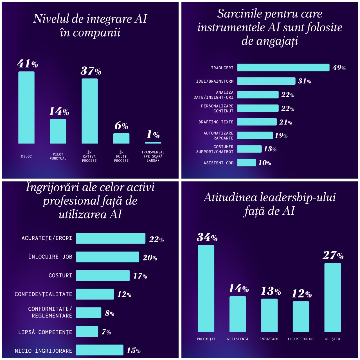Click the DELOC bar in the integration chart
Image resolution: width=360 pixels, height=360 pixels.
pyautogui.click(x=26, y=107)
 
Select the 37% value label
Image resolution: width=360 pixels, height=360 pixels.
pyautogui.click(x=91, y=71)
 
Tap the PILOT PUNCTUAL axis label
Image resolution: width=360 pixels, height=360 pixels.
pyautogui.click(x=58, y=156)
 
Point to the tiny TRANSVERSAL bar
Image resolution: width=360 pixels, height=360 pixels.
pyautogui.click(x=153, y=143)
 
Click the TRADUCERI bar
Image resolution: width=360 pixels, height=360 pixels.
pyautogui.click(x=283, y=67)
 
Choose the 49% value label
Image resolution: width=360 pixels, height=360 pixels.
pyautogui.click(x=339, y=68)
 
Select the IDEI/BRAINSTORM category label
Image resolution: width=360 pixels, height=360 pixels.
pyautogui.click(x=215, y=81)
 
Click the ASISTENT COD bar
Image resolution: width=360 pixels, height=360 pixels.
pyautogui.click(x=246, y=163)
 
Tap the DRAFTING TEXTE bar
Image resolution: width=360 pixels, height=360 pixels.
pyautogui.click(x=257, y=122)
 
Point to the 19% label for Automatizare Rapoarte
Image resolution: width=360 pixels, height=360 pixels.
pyautogui.click(x=281, y=136)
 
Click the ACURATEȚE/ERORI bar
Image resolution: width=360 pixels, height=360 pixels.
pyautogui.click(x=111, y=238)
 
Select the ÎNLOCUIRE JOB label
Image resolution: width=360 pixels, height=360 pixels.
pyautogui.click(x=50, y=257)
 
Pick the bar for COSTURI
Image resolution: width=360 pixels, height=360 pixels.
pyautogui.click(x=103, y=276)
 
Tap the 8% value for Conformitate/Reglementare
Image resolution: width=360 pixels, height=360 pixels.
pyautogui.click(x=109, y=313)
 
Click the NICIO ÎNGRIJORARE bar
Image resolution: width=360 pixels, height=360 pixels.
pyautogui.click(x=100, y=350)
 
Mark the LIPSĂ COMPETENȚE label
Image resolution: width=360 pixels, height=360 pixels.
pyautogui.click(x=45, y=332)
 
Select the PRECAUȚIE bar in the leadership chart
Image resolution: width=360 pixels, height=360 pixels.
pyautogui.click(x=206, y=288)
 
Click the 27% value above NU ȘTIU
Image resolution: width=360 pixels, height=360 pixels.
pyautogui.click(x=333, y=255)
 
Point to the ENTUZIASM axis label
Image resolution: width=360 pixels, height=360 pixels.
pyautogui.click(x=269, y=339)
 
